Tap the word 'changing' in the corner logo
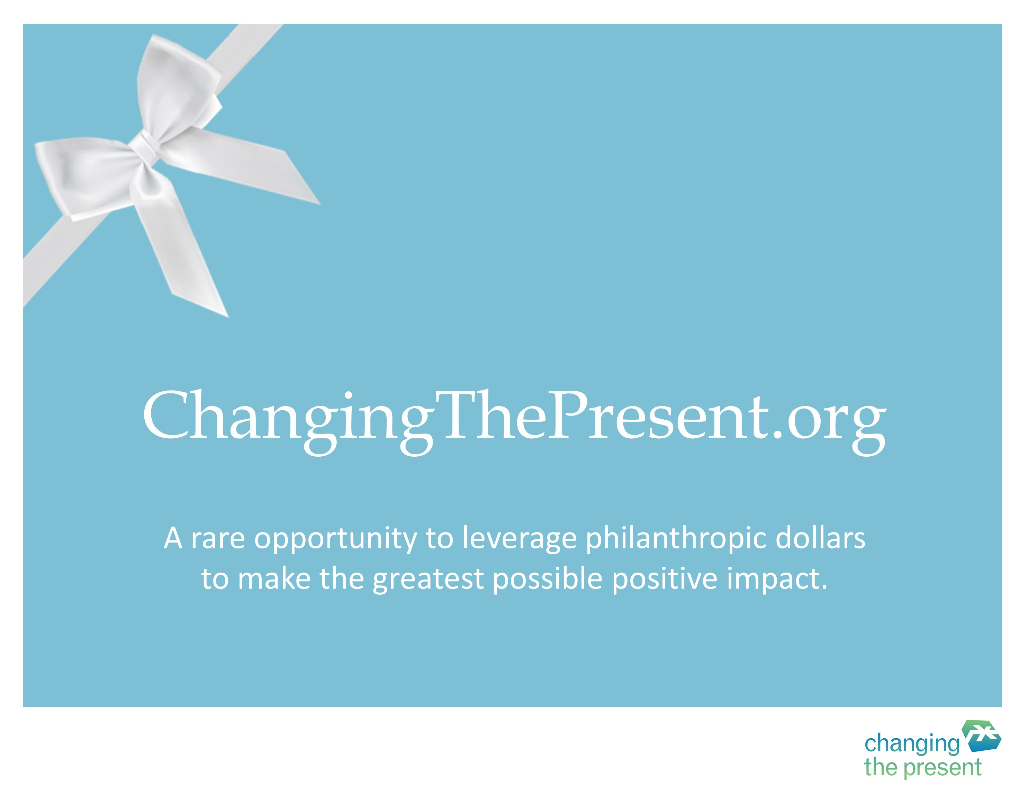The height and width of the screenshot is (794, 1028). click(912, 745)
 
